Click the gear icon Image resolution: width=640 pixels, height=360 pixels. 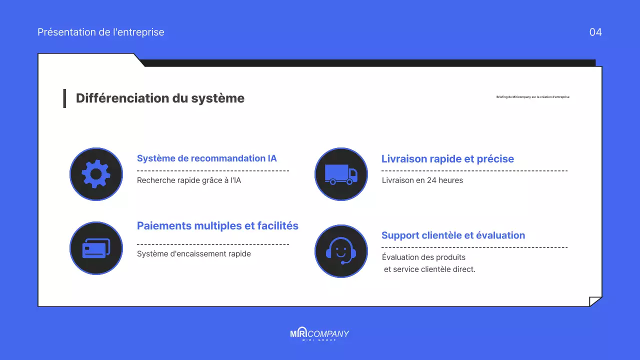(96, 174)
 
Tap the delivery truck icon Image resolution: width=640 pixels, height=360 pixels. (341, 174)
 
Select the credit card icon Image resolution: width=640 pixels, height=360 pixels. (96, 248)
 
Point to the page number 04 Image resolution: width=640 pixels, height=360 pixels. (595, 32)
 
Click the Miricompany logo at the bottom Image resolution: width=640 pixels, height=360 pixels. (319, 334)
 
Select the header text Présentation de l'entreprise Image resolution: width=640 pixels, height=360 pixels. (101, 32)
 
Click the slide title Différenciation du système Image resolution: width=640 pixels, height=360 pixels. (160, 98)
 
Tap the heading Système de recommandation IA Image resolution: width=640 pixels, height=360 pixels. (206, 158)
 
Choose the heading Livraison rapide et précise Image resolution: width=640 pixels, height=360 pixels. (447, 159)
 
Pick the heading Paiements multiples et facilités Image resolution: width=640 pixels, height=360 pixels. (217, 226)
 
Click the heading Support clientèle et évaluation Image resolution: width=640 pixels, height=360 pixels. (453, 235)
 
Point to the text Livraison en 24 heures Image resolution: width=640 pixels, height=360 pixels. (422, 180)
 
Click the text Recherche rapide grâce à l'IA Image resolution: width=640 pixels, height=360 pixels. (189, 180)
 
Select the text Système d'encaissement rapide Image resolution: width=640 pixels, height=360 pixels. (194, 254)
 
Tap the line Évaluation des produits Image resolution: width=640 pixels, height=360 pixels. (423, 257)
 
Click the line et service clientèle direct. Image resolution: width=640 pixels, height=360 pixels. (429, 269)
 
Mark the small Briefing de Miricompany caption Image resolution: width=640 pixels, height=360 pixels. (532, 97)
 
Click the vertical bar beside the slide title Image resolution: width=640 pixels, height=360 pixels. (64, 98)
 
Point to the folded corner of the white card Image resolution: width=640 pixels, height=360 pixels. (595, 301)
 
